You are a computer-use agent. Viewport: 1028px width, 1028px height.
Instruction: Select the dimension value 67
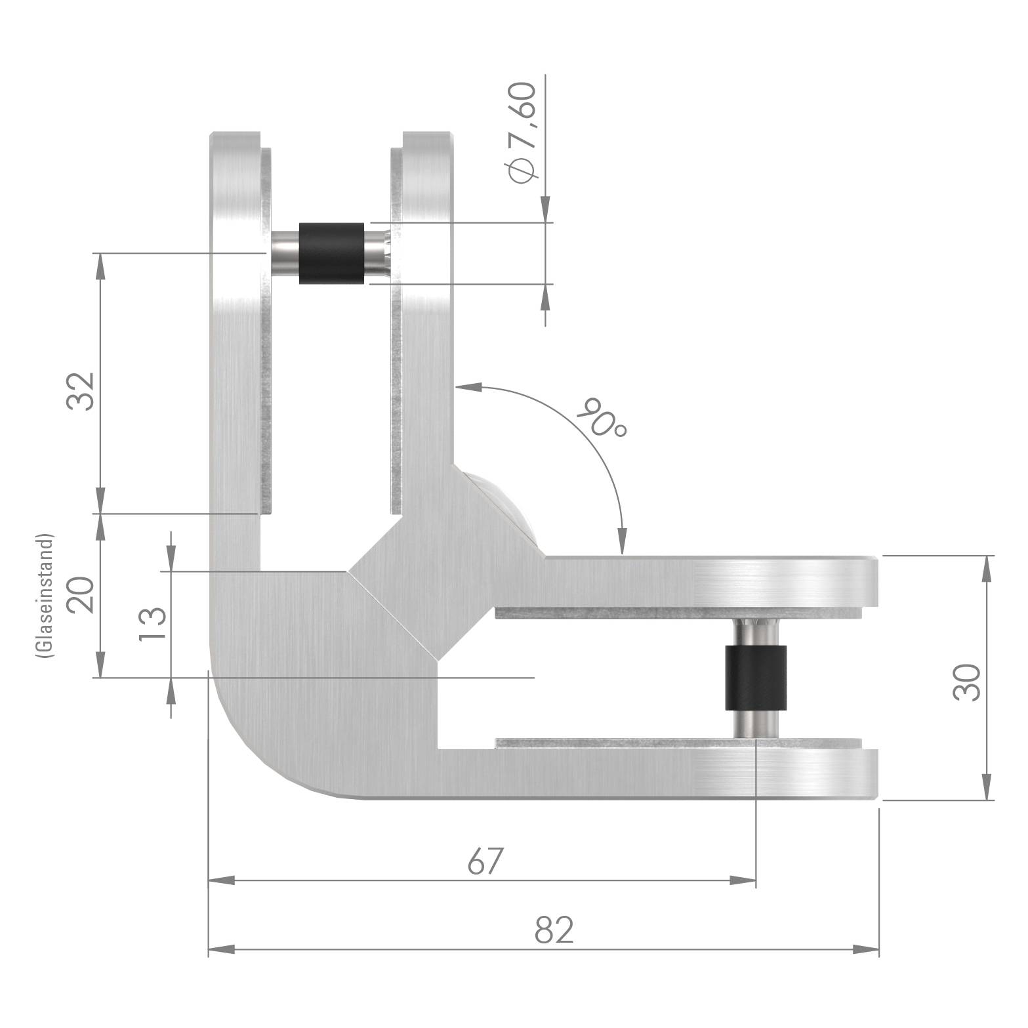[x=486, y=861]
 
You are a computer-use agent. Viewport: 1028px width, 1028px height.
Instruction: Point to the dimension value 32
[x=81, y=391]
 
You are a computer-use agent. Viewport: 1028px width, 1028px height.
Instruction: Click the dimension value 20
[x=81, y=594]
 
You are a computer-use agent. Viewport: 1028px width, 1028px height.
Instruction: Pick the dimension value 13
[x=153, y=624]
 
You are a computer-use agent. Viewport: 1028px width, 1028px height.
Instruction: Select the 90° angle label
[x=602, y=417]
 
